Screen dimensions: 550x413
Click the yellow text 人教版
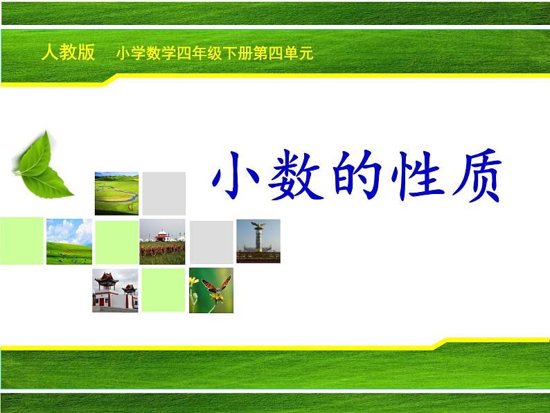(x=69, y=52)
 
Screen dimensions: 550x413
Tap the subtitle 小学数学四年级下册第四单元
(x=214, y=53)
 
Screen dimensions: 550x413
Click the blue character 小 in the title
(x=236, y=175)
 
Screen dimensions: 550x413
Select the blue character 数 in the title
(x=295, y=175)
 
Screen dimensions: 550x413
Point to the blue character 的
(x=357, y=175)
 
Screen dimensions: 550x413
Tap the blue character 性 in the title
(x=418, y=175)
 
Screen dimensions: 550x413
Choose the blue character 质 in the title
(x=477, y=175)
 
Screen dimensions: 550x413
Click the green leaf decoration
(x=42, y=165)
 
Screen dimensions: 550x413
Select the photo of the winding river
(x=116, y=193)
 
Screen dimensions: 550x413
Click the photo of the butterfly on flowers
(x=211, y=290)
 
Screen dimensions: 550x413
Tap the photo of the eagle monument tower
(x=258, y=241)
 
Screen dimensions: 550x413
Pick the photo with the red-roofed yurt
(x=162, y=242)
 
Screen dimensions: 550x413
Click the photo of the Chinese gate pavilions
(x=115, y=290)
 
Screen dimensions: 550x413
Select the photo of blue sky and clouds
(x=69, y=242)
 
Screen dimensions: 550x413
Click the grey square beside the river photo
(x=163, y=193)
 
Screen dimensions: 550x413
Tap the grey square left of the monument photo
(x=211, y=242)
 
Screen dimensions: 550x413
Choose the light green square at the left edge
(x=21, y=241)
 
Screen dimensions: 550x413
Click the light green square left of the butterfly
(x=163, y=290)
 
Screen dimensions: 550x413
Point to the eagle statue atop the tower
(x=258, y=225)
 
